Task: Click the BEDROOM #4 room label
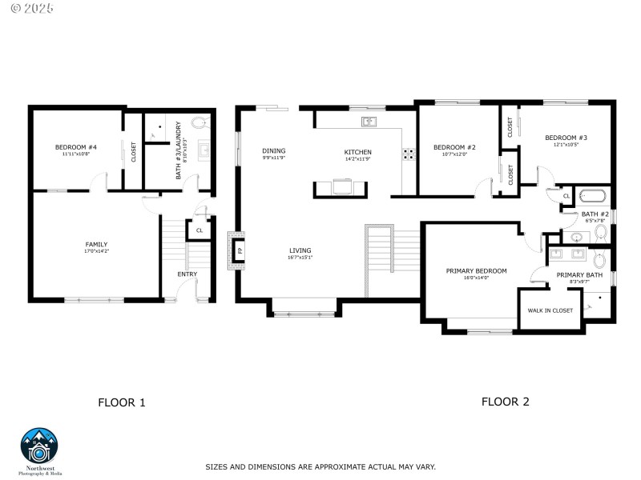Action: click(76, 147)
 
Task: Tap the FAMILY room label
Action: click(96, 245)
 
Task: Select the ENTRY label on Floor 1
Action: click(187, 274)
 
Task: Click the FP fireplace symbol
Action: click(239, 250)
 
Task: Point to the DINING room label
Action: click(273, 150)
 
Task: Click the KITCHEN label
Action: click(357, 152)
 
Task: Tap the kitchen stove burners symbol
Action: click(409, 154)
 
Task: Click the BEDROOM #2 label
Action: click(454, 147)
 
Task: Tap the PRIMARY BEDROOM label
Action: click(476, 271)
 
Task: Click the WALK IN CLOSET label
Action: click(550, 310)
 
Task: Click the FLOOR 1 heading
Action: click(121, 402)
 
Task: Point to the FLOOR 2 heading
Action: click(505, 402)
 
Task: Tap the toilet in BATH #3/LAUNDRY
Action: click(200, 122)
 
